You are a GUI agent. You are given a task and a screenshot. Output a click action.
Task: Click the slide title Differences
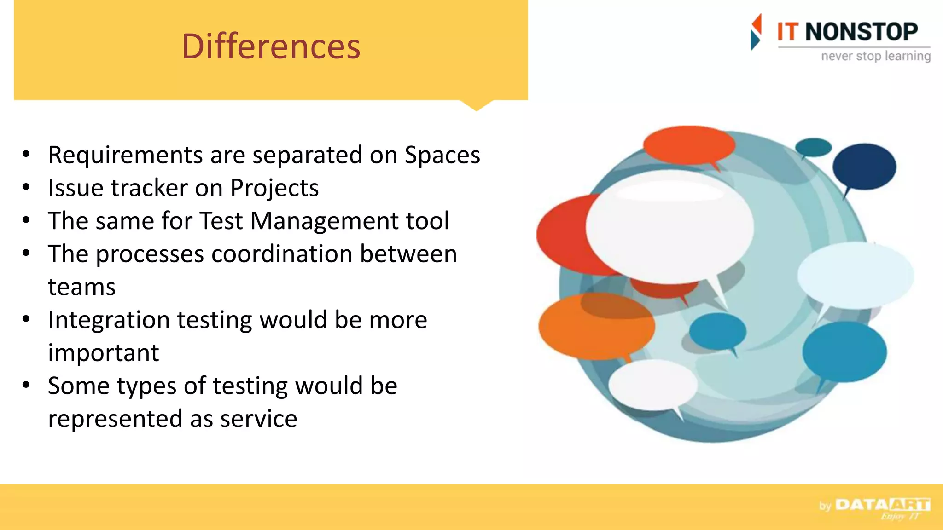[271, 46]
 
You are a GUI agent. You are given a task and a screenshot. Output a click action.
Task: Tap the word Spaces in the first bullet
[442, 155]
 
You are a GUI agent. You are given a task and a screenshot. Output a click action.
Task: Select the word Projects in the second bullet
[274, 188]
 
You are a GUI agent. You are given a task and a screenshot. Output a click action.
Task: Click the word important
[103, 353]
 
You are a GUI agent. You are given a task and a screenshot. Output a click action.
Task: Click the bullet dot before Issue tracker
[26, 187]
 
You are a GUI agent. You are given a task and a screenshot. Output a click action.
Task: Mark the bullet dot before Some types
[26, 385]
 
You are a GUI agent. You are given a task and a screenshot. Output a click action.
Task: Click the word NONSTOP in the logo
[861, 32]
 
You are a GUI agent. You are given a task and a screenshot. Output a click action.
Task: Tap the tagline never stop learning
[875, 56]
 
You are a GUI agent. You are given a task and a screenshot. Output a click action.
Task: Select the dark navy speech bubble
[864, 166]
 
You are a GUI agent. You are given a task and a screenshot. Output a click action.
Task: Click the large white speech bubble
[669, 226]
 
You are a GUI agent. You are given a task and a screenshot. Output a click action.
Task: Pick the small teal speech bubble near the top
[813, 147]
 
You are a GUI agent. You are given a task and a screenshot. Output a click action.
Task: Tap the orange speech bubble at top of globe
[688, 144]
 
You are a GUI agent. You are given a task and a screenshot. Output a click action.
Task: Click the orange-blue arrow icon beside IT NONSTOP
[756, 32]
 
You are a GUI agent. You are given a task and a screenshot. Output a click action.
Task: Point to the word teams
[81, 287]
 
